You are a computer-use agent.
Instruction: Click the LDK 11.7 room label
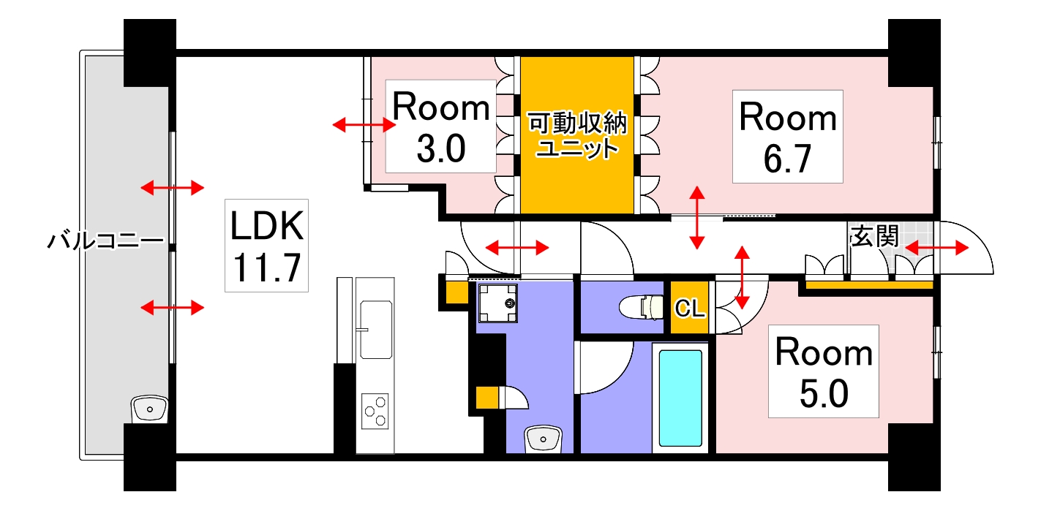coord(266,245)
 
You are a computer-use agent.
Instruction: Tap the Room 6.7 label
coord(787,137)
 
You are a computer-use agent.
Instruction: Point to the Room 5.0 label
coord(824,373)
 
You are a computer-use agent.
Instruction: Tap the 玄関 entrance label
coord(875,236)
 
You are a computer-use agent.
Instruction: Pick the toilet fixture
coord(641,308)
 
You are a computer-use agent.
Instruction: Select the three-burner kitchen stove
coord(375,411)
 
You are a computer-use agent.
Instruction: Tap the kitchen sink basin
coord(376,330)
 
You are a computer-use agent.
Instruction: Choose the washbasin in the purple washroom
coord(543,439)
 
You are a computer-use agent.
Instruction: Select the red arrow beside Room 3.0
coord(364,126)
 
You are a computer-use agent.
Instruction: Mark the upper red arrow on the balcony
coord(172,189)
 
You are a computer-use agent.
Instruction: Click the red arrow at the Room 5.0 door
coord(743,277)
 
